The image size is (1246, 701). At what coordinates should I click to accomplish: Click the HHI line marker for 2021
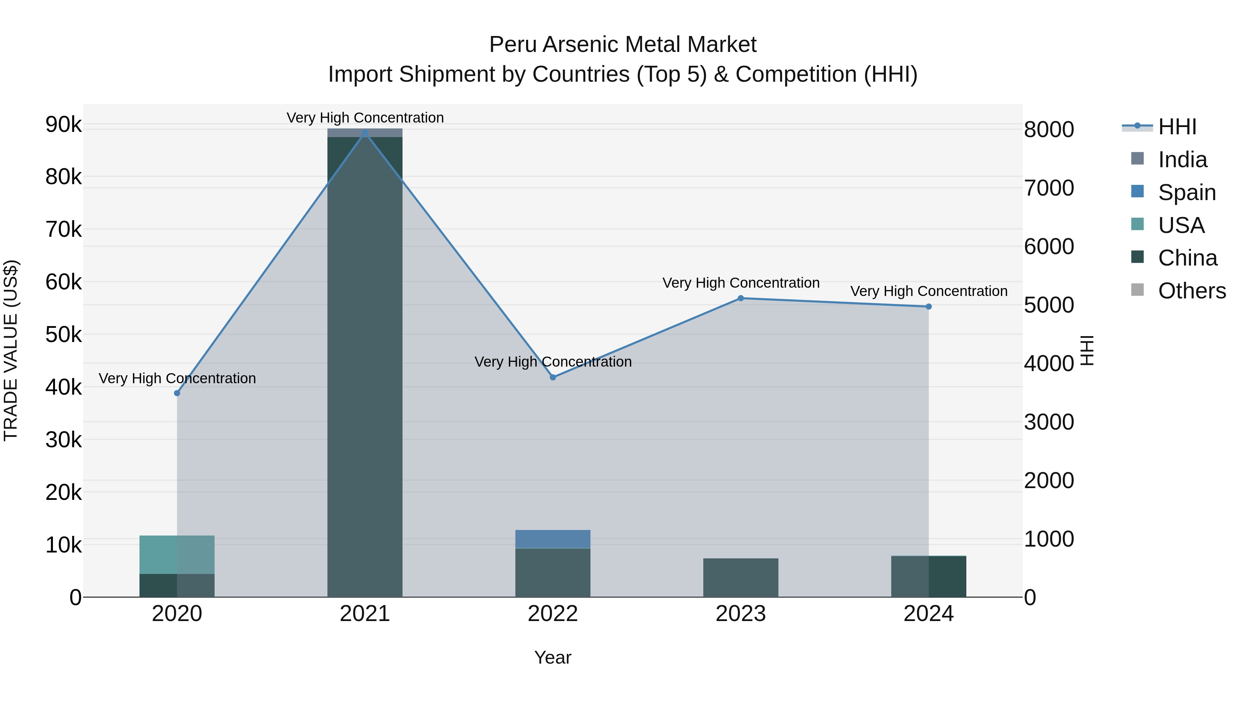pyautogui.click(x=365, y=133)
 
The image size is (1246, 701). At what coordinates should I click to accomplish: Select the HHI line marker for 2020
pyautogui.click(x=177, y=393)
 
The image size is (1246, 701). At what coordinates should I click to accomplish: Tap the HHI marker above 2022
pyautogui.click(x=553, y=377)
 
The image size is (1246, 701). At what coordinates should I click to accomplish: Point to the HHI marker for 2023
pyautogui.click(x=741, y=298)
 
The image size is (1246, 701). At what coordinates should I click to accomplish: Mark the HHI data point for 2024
pyautogui.click(x=928, y=307)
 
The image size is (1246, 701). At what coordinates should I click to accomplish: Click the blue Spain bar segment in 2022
pyautogui.click(x=552, y=539)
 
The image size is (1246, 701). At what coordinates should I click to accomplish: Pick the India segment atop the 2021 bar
pyautogui.click(x=365, y=133)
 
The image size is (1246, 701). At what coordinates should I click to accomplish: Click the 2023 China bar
pyautogui.click(x=741, y=578)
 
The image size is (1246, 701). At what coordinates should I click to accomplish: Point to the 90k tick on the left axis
pyautogui.click(x=63, y=125)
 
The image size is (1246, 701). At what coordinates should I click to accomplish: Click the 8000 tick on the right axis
pyautogui.click(x=1049, y=130)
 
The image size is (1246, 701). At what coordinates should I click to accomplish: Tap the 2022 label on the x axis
pyautogui.click(x=552, y=614)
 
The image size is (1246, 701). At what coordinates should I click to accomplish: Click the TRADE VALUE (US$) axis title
pyautogui.click(x=11, y=350)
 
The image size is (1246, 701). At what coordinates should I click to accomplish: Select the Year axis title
pyautogui.click(x=552, y=657)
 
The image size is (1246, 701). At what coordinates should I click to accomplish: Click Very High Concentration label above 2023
pyautogui.click(x=741, y=283)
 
